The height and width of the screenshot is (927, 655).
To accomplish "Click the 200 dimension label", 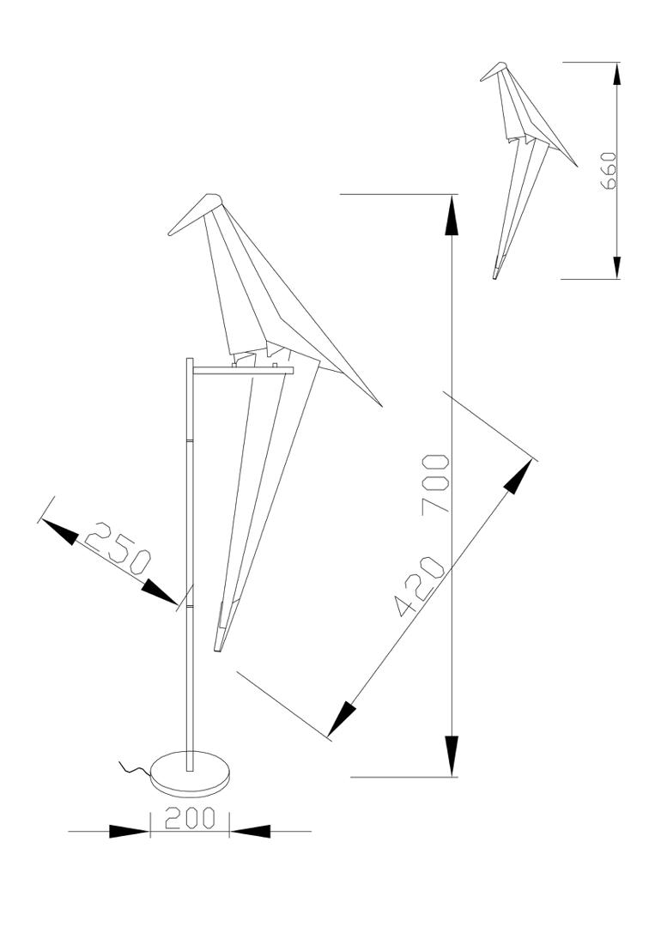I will coord(190,819).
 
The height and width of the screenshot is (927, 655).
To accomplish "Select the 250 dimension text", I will coord(118,548).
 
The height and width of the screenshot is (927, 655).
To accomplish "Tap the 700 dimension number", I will coord(437,484).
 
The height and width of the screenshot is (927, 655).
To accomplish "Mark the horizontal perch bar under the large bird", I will coord(244,370).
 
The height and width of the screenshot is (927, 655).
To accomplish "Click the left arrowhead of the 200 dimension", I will coord(130,831).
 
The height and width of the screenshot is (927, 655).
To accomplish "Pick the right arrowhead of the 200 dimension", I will coord(251,831).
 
